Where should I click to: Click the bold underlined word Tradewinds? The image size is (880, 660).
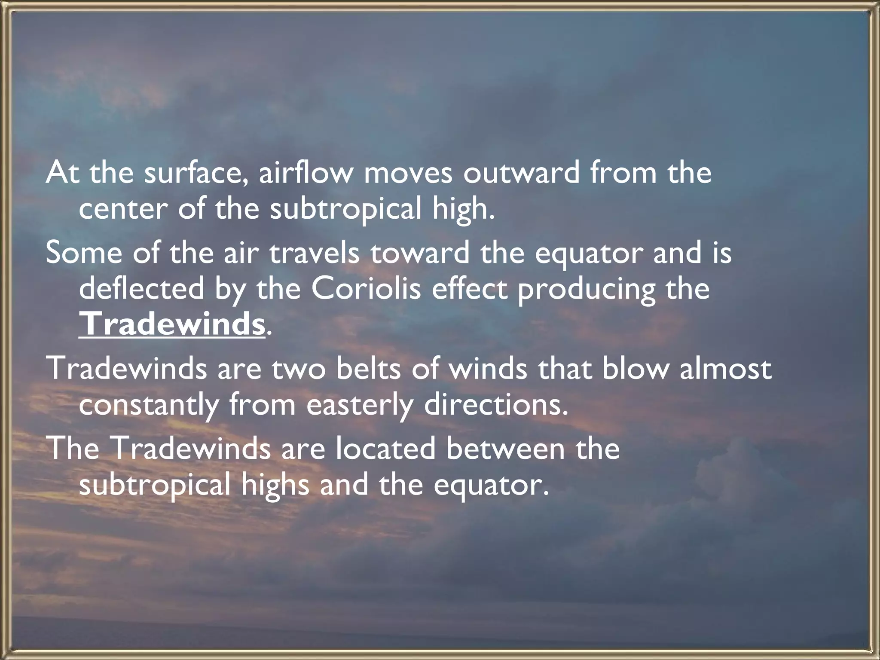point(172,324)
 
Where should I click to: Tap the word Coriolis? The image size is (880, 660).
point(366,288)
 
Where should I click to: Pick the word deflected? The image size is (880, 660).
point(141,288)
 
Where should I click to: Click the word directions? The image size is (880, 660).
point(496,404)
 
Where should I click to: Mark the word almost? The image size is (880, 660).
point(726,369)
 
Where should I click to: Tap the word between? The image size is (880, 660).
point(505,449)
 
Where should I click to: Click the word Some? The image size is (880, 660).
point(84,253)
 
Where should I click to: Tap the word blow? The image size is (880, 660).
point(636,369)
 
